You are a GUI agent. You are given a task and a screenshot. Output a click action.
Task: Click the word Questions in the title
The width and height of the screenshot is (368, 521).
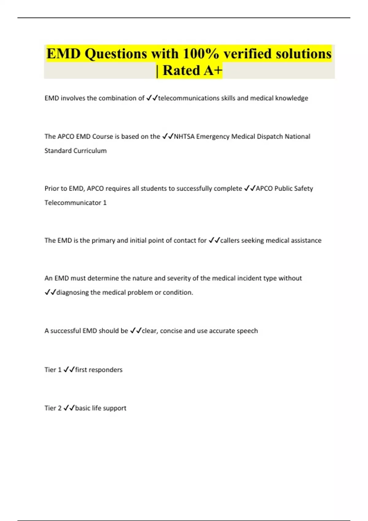116,54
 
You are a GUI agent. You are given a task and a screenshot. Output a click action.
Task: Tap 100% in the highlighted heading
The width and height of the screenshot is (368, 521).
201,54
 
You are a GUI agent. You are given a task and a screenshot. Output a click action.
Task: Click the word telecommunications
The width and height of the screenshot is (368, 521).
189,98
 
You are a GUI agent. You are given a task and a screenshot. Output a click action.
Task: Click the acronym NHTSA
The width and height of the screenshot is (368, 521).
184,136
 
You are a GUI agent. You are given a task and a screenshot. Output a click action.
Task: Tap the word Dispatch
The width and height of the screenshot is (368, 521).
268,136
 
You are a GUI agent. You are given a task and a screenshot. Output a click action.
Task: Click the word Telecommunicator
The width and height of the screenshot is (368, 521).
73,203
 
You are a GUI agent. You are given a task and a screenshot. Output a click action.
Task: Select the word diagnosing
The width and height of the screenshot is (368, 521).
72,292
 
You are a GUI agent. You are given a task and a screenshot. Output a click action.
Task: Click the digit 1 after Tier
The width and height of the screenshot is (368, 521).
59,370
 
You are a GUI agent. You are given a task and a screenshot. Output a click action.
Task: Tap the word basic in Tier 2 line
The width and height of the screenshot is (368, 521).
82,408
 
